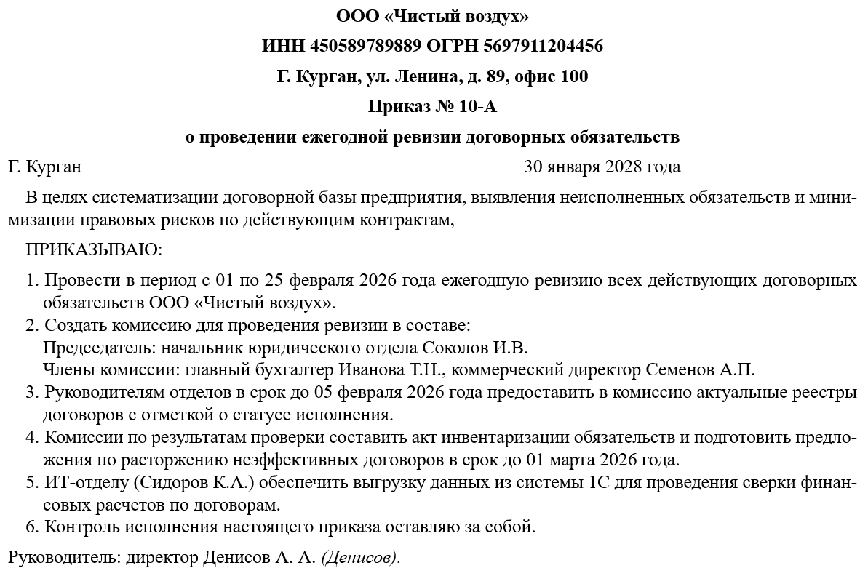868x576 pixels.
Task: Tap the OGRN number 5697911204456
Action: [541, 47]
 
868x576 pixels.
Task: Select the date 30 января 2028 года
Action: [602, 167]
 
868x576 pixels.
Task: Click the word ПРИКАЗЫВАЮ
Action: [93, 249]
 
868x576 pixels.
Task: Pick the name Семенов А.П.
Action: [701, 369]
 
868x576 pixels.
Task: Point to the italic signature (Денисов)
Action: [359, 558]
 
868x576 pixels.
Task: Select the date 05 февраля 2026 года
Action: [378, 393]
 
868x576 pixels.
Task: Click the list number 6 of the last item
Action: [30, 527]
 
